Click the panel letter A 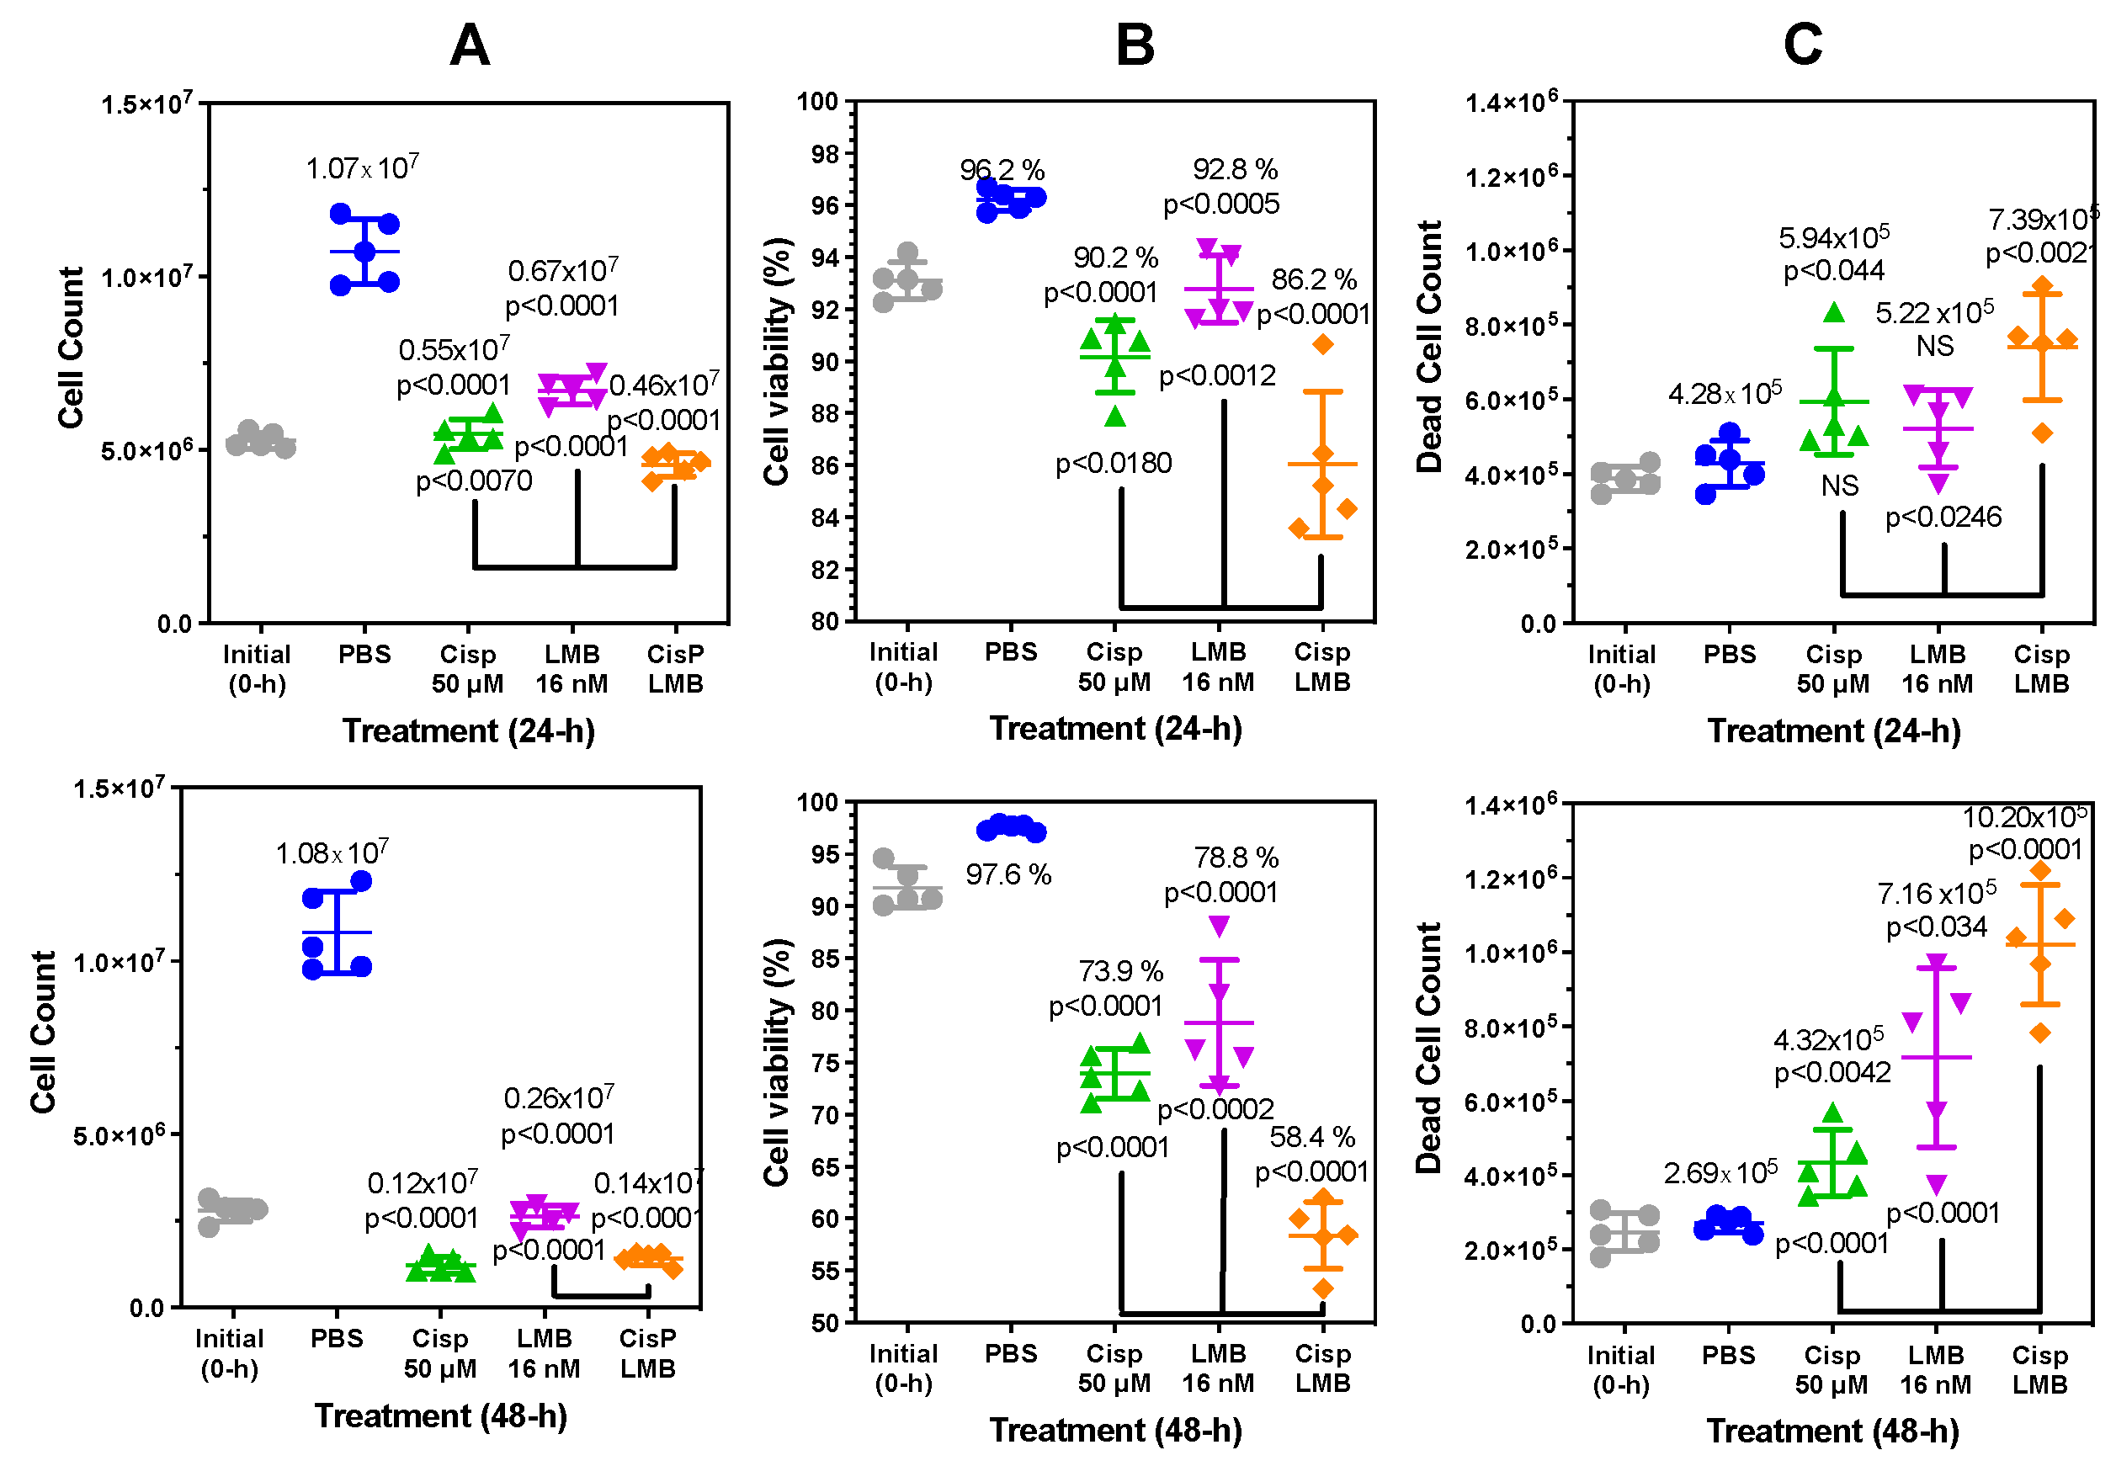(470, 44)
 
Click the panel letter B (1135, 44)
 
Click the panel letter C (1802, 44)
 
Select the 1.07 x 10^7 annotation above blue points (362, 168)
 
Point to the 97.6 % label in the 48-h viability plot (1007, 874)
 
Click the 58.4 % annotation (1311, 1137)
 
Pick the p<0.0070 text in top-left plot (474, 481)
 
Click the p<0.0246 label (1943, 518)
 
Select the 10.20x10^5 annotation (2023, 816)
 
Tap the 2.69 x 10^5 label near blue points (1721, 1173)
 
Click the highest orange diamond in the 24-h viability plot (1322, 344)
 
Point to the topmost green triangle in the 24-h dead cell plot (1834, 313)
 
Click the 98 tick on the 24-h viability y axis (825, 153)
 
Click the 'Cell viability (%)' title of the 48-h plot (777, 1062)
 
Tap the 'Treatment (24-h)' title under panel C (1833, 731)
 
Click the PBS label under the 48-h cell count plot (336, 1338)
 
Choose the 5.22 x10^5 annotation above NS (1934, 313)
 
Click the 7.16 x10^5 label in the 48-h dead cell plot (1936, 893)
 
